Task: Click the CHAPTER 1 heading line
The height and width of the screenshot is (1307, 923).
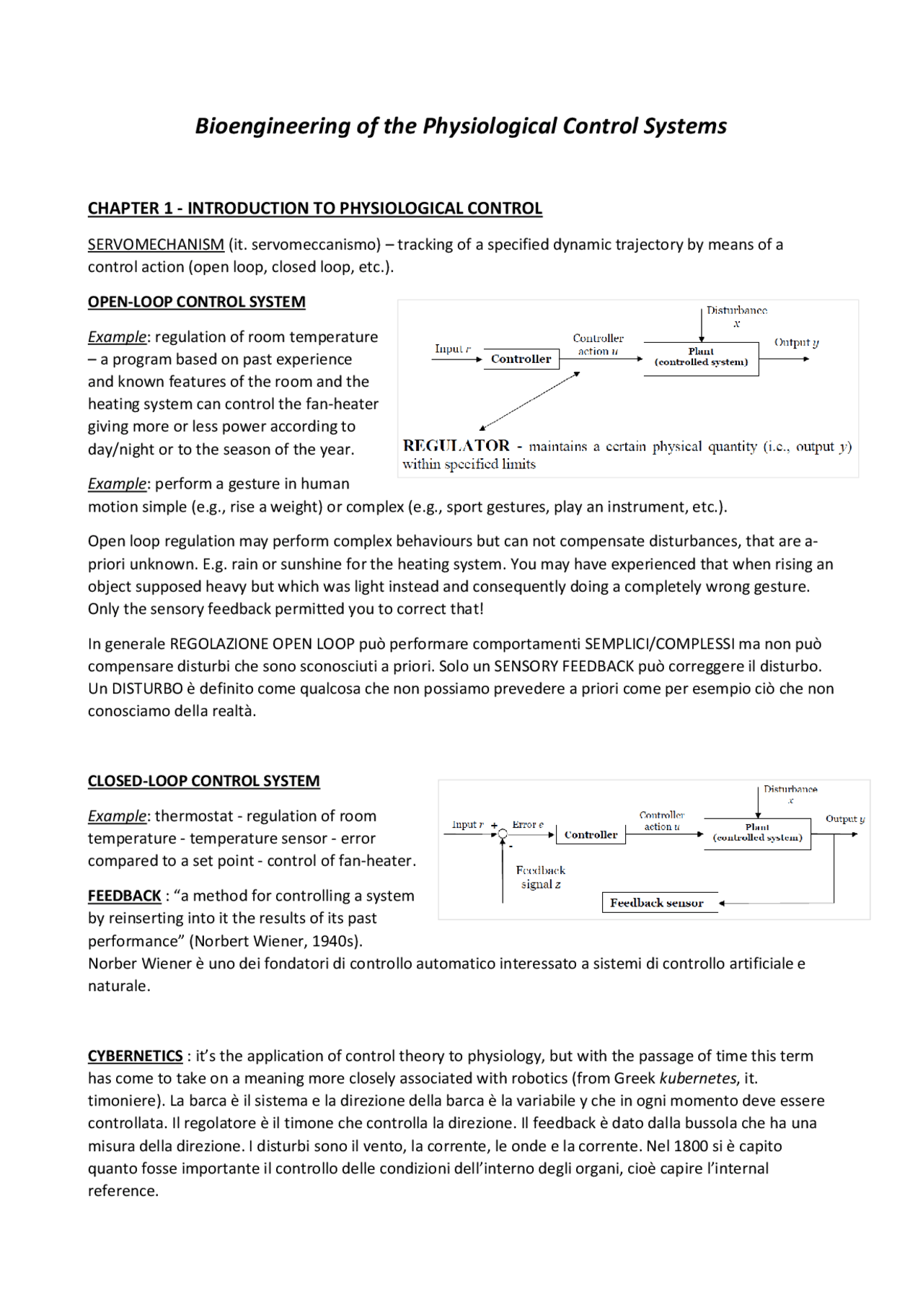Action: coord(314,209)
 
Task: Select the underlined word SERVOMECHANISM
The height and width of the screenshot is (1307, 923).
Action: coord(156,245)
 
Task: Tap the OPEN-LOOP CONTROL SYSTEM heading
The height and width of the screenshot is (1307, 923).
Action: coord(196,302)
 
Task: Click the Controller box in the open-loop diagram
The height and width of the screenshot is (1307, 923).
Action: coord(521,359)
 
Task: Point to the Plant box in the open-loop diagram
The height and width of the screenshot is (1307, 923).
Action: coord(701,358)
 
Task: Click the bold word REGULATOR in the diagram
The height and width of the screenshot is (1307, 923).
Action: coord(456,446)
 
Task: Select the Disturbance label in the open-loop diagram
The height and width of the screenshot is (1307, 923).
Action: coord(736,311)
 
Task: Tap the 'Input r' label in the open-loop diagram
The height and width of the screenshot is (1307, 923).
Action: coord(452,349)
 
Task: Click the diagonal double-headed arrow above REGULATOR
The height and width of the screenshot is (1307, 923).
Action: coord(530,401)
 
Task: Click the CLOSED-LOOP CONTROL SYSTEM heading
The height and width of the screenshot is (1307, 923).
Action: coord(203,781)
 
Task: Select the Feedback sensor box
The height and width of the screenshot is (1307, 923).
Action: coord(657,903)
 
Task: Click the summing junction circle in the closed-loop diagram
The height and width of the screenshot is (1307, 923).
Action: coord(503,834)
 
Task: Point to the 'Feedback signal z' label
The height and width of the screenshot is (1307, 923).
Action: coord(541,877)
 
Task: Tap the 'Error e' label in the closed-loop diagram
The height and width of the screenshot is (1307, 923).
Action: coord(528,824)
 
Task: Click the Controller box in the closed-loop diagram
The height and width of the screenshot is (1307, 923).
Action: coord(591,835)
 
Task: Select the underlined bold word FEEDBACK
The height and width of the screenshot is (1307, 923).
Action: coord(124,896)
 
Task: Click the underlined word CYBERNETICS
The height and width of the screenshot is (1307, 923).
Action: coord(135,1056)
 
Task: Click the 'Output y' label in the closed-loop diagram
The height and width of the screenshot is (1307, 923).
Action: coord(844,819)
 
